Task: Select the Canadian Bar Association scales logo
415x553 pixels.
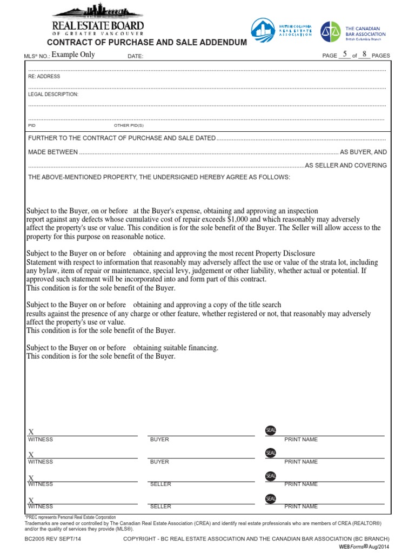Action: pyautogui.click(x=331, y=32)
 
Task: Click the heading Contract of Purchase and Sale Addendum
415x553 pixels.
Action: pyautogui.click(x=147, y=43)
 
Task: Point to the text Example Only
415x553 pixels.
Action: pyautogui.click(x=73, y=55)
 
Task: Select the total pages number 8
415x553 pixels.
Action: pyautogui.click(x=365, y=55)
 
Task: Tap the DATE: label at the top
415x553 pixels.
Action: pyautogui.click(x=136, y=56)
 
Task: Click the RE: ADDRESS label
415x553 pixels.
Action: pyautogui.click(x=44, y=77)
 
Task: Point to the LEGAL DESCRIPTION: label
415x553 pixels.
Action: pyautogui.click(x=53, y=95)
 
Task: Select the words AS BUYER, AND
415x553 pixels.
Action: pyautogui.click(x=363, y=152)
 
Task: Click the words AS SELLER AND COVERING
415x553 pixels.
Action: pyautogui.click(x=346, y=165)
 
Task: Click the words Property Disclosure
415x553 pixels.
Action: pyautogui.click(x=285, y=254)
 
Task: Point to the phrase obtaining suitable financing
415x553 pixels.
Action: pyautogui.click(x=176, y=348)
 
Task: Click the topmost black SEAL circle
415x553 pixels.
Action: pyautogui.click(x=271, y=430)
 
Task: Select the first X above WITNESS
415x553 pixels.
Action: pyautogui.click(x=31, y=432)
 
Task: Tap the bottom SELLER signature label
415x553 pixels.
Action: pyautogui.click(x=160, y=507)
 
